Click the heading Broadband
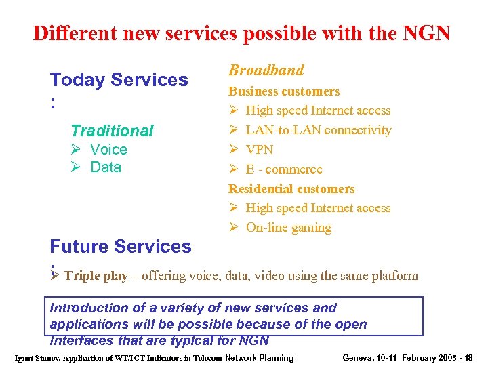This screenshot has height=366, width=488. (x=266, y=70)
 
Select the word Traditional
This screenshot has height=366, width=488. (x=112, y=131)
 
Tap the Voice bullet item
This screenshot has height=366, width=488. (x=108, y=150)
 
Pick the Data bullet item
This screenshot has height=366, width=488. (x=106, y=167)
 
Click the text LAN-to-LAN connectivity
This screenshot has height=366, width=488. (x=319, y=130)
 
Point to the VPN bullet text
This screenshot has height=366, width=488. (x=259, y=150)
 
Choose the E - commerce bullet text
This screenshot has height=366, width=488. (x=284, y=169)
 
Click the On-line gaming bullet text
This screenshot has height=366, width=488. (x=289, y=228)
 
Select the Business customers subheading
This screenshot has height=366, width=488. (x=284, y=91)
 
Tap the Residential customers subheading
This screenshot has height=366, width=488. (x=291, y=189)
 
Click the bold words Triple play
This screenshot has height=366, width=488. (x=94, y=277)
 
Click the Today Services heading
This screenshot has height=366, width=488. (x=119, y=80)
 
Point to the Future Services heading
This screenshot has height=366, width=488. (x=121, y=247)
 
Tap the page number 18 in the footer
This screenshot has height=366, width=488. (x=466, y=358)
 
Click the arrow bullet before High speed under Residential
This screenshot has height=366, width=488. (x=232, y=209)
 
